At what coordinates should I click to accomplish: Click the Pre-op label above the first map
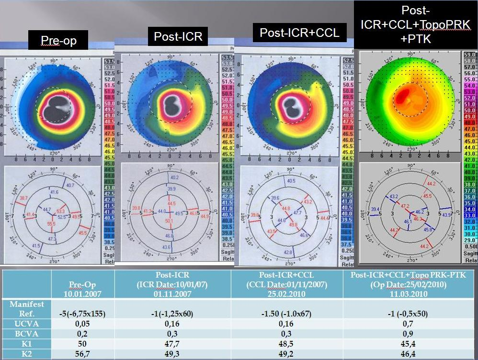[x=58, y=41]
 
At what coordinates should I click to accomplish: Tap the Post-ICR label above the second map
[x=178, y=37]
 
